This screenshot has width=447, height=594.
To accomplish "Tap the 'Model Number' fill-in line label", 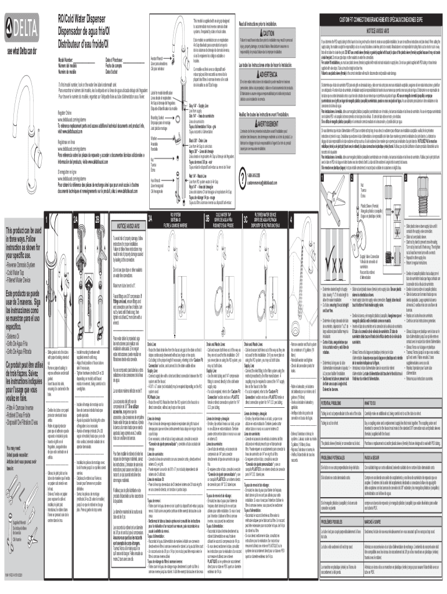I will tap(66, 60).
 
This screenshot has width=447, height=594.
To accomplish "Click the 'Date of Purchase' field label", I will tap(116, 60).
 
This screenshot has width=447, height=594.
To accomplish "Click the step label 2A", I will tap(75, 203).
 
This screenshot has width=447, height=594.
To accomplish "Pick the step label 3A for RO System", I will tap(151, 203).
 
